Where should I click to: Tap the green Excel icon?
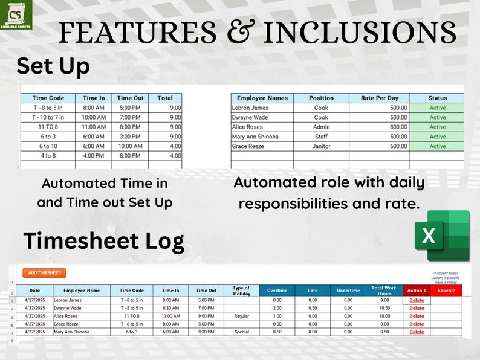coord(442,236)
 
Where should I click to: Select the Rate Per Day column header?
coord(379,98)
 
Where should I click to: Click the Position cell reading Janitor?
coord(321,146)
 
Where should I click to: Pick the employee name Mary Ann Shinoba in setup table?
coord(255,137)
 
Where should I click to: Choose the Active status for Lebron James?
coord(437,108)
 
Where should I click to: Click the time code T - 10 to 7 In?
coord(48,117)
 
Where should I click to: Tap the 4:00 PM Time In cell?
coord(94,156)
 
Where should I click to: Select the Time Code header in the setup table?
coord(48,98)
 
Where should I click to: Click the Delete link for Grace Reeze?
coord(417,324)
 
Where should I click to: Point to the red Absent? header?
coord(446,291)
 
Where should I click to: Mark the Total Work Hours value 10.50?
coord(384,308)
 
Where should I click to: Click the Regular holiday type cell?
coord(241,316)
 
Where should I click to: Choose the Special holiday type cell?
coord(241,332)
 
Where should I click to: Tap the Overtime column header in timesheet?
coord(277,291)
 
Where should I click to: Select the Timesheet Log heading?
coord(103,241)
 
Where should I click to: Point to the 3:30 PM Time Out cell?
coord(206,332)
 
